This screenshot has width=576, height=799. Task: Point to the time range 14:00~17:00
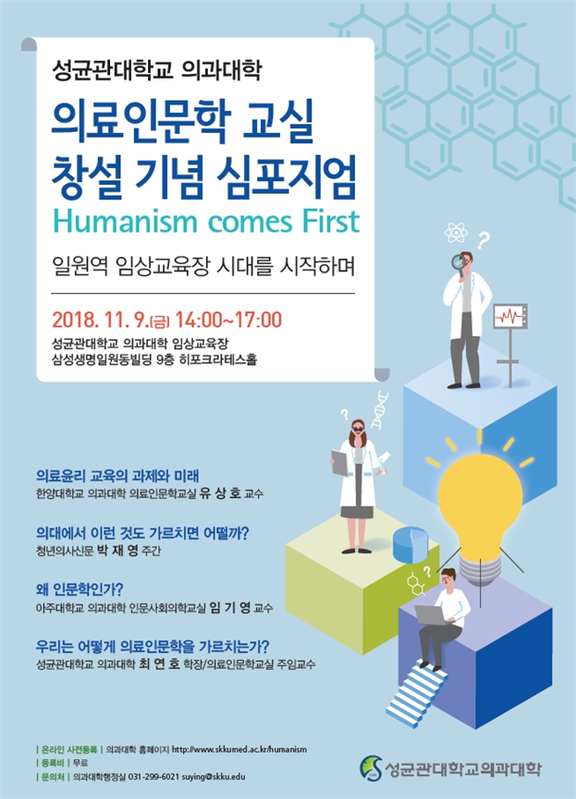[228, 320]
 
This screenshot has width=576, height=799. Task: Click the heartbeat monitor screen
[510, 317]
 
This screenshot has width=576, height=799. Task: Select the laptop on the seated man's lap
[432, 615]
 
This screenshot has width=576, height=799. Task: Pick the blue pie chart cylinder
[410, 544]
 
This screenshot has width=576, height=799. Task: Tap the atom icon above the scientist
[455, 233]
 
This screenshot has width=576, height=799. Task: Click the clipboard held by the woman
[340, 462]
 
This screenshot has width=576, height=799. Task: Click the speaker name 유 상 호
[220, 492]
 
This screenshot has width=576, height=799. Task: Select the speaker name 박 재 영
[117, 551]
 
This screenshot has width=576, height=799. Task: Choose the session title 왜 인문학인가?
[80, 589]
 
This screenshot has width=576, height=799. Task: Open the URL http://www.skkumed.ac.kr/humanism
[239, 749]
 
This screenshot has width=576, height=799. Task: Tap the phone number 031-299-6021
[153, 777]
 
